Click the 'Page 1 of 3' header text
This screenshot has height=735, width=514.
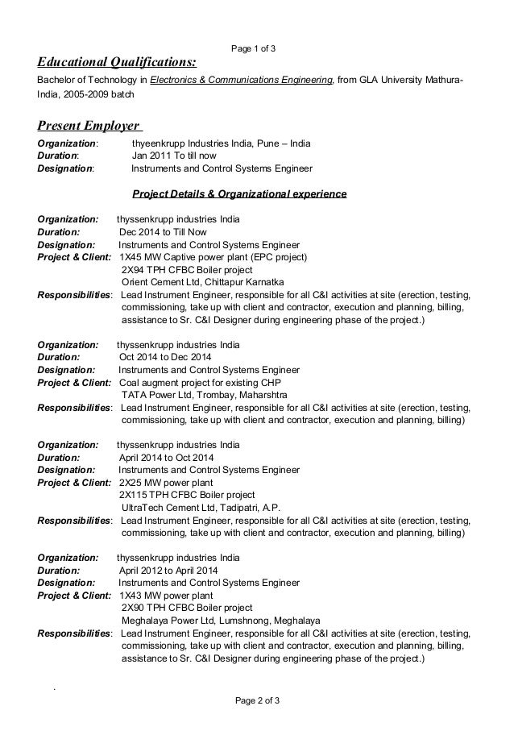(254, 48)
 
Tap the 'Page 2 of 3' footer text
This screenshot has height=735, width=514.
(254, 700)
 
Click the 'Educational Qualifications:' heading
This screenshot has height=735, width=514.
(117, 63)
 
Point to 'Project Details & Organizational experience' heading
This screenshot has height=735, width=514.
(239, 194)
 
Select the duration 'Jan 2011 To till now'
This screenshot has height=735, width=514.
(173, 156)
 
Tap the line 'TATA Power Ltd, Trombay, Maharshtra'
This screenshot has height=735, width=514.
(204, 396)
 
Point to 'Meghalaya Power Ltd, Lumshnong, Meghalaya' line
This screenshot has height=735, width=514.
(221, 621)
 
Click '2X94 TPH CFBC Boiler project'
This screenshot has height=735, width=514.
(186, 270)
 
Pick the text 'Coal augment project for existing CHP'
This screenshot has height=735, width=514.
(201, 382)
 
